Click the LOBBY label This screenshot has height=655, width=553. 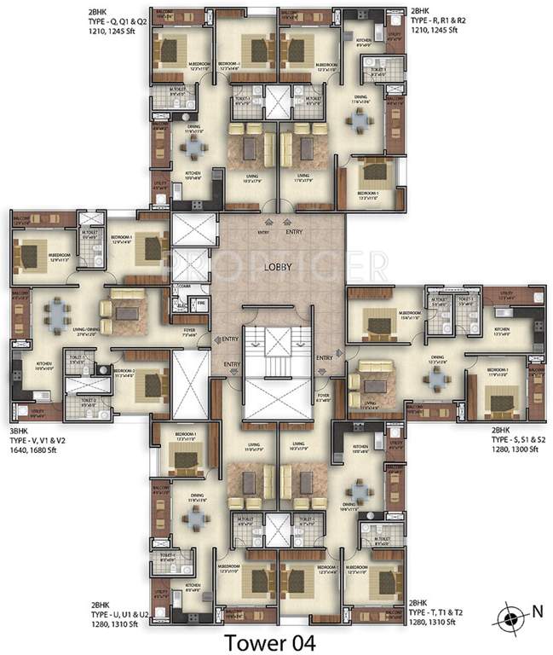point(278,267)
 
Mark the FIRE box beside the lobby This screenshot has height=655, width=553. point(202,302)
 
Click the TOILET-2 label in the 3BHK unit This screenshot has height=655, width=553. point(88,400)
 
